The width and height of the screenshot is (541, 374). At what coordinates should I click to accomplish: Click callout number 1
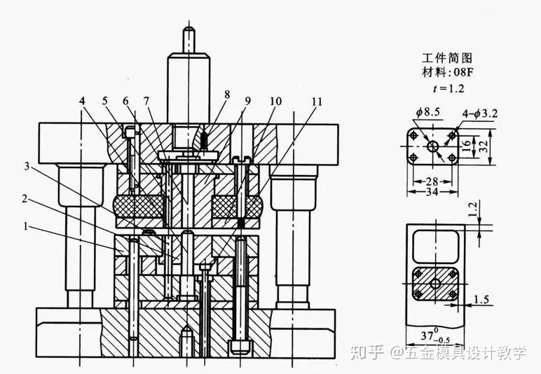coord(26,227)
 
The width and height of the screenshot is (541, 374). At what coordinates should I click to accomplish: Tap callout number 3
coord(26,166)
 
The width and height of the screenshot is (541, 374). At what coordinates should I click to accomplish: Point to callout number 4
coord(82,101)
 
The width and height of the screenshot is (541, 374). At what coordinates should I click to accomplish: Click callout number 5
coord(106,101)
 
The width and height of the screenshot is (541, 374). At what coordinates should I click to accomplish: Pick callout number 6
coord(126,101)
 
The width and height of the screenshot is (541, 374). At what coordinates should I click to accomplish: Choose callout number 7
coord(147,101)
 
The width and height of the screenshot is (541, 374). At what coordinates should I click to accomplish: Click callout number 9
coord(247,101)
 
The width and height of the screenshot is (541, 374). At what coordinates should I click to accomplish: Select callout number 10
coord(275,101)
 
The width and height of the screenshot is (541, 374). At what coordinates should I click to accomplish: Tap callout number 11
coord(317,101)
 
